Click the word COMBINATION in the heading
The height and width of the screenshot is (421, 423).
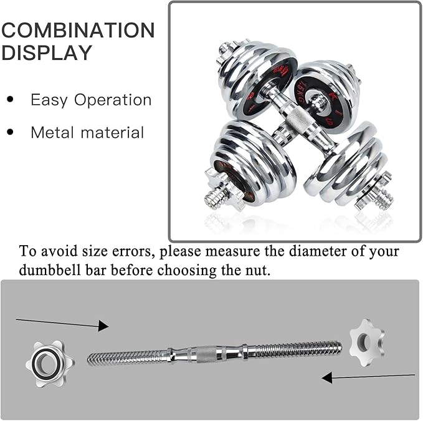tap(77, 31)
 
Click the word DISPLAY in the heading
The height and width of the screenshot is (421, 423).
tap(47, 53)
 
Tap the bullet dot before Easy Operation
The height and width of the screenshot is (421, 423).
tap(10, 100)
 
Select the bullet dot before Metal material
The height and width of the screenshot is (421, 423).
tap(10, 132)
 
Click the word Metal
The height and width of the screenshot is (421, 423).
tap(51, 132)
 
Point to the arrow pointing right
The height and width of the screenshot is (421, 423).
tap(62, 323)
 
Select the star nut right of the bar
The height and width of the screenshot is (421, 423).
tap(366, 342)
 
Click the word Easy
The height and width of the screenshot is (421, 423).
tap(48, 100)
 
